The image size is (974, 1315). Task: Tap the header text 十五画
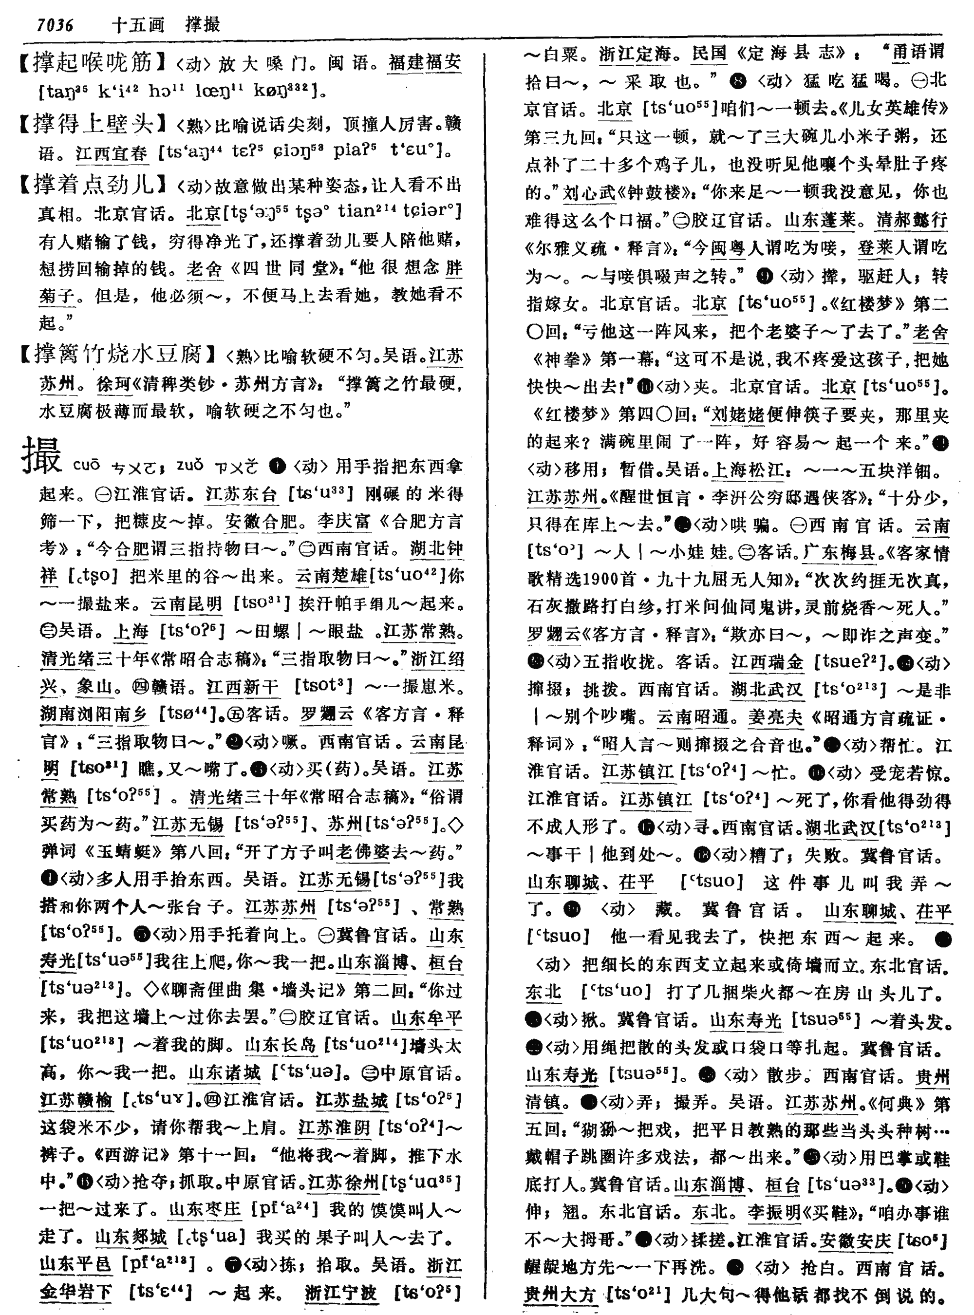[137, 25]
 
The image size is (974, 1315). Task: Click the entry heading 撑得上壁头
[93, 124]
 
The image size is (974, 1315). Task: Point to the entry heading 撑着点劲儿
[93, 185]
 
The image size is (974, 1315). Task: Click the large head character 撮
[42, 456]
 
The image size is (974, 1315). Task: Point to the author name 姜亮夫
[775, 717]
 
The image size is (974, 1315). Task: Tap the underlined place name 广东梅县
[839, 552]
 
